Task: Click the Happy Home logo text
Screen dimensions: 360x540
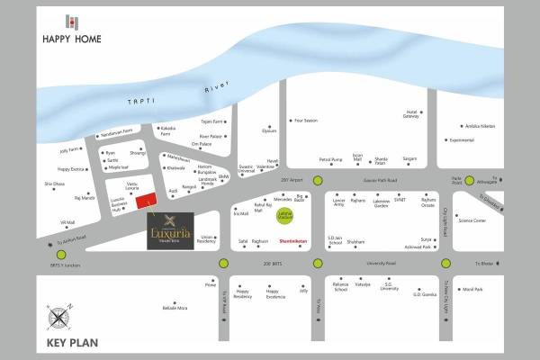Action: click(x=71, y=39)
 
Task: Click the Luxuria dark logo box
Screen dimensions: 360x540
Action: click(x=169, y=231)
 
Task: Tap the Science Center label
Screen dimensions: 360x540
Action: click(x=472, y=220)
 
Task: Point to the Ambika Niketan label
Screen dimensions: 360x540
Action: click(x=486, y=127)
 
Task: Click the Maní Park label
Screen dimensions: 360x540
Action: click(x=472, y=289)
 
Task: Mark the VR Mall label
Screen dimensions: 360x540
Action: click(x=67, y=223)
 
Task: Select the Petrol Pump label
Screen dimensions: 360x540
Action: click(x=331, y=159)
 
